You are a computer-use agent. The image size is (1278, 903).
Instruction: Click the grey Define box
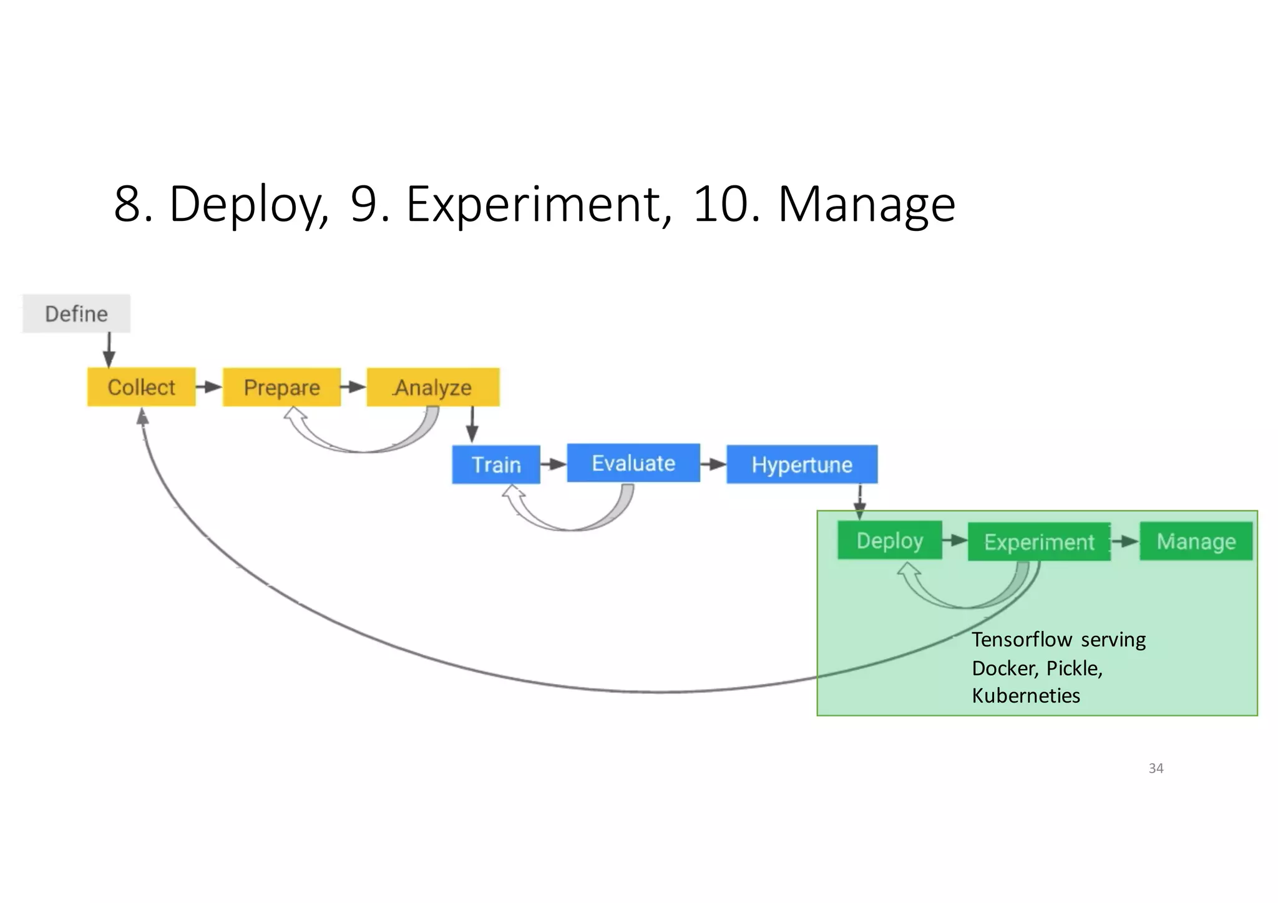(76, 313)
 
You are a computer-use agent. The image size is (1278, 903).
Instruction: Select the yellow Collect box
(141, 387)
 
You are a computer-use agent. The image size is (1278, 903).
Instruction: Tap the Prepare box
(281, 387)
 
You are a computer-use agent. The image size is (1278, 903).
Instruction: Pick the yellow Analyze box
(433, 387)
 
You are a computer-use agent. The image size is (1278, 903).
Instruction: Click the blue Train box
(496, 464)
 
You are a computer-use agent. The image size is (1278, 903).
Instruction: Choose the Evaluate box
(633, 463)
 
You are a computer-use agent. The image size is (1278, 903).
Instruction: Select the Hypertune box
(802, 464)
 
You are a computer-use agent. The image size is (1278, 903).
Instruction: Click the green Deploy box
(889, 540)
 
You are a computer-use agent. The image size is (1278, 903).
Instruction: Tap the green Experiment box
(1039, 542)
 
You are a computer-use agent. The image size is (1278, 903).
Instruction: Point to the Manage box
(1196, 541)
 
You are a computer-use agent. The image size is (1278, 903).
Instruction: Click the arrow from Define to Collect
(109, 350)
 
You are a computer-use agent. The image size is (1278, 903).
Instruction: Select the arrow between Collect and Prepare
(209, 387)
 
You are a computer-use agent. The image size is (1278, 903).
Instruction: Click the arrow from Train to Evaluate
(554, 464)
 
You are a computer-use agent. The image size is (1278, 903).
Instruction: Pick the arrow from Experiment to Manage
(1125, 541)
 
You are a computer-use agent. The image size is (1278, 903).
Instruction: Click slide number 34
(1156, 768)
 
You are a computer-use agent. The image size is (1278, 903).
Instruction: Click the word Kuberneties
(1025, 695)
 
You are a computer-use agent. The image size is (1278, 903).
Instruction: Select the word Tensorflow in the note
(1022, 640)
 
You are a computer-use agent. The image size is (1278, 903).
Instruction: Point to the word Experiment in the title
(534, 204)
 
